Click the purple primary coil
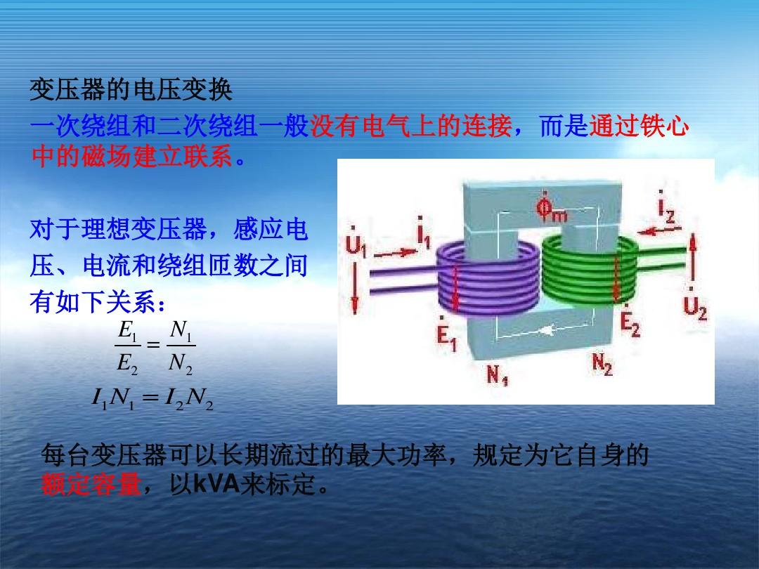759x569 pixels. coord(488,279)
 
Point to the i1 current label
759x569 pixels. coord(424,233)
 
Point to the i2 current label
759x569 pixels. coord(666,207)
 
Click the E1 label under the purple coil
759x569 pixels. coord(446,334)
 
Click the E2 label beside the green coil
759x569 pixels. coord(630,321)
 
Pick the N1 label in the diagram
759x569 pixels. coord(497,374)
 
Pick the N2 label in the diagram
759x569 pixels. coord(602,364)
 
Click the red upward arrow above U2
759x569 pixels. coord(693,257)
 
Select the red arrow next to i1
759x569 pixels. coord(395,253)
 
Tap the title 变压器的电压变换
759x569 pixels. coord(131,90)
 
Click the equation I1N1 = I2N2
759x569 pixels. coord(153,399)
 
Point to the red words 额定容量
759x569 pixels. coord(91,484)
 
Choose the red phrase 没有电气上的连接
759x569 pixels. coord(410,126)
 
